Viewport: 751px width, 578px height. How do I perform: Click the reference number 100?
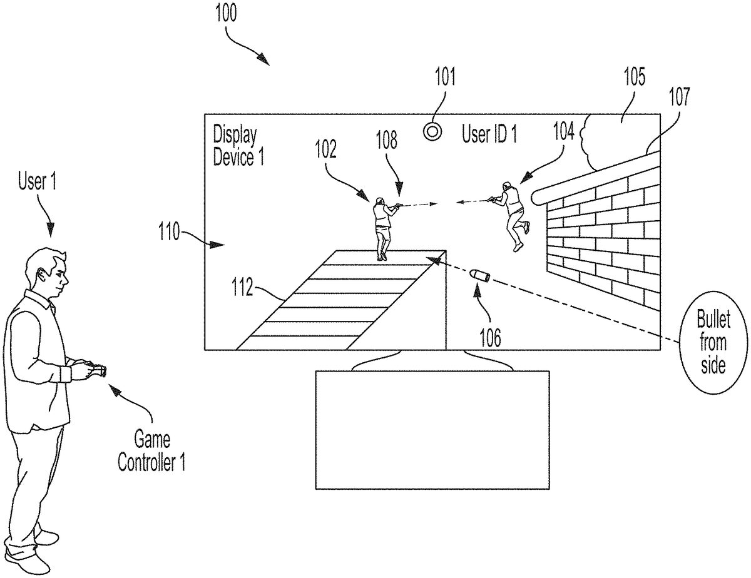(x=226, y=14)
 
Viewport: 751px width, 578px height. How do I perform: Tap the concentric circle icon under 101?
(x=432, y=131)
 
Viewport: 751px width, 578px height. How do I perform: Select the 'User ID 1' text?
(x=489, y=134)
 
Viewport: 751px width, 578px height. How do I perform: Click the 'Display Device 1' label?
(x=238, y=146)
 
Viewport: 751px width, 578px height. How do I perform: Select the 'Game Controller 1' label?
(x=151, y=452)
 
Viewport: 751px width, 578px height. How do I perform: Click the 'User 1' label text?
(x=37, y=181)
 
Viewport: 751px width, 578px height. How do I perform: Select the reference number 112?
(x=242, y=286)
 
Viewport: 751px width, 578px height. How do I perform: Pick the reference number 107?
(x=680, y=97)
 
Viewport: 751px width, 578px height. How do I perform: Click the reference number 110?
(x=170, y=231)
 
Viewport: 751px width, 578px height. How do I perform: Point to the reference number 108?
(x=386, y=140)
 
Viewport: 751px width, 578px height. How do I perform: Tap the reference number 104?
(x=564, y=131)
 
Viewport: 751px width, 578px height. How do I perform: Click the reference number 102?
(x=325, y=149)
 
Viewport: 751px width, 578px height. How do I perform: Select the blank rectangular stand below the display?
(x=432, y=430)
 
